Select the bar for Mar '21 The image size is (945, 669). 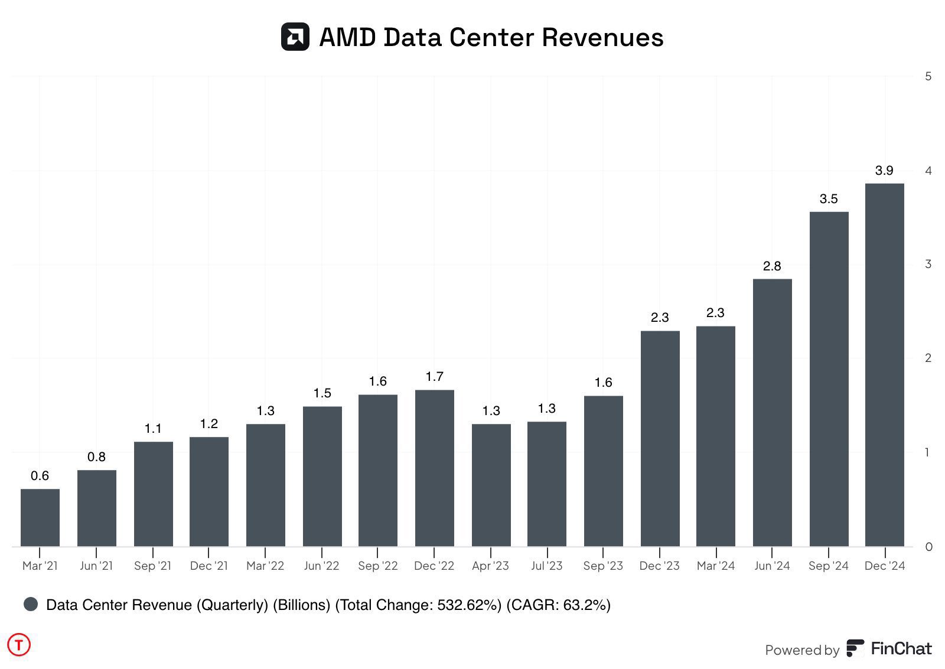click(40, 517)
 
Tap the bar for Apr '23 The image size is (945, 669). click(491, 485)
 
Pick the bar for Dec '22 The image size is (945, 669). click(434, 468)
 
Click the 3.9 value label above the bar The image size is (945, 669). click(884, 171)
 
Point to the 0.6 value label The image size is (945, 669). click(40, 476)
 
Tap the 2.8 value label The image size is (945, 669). click(772, 266)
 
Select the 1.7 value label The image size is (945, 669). click(434, 377)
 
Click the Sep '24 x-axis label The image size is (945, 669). click(828, 566)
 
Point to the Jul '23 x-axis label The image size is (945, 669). click(546, 566)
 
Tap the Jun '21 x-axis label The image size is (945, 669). click(96, 566)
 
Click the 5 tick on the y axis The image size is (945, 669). click(928, 76)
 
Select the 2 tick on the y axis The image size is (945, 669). click(928, 358)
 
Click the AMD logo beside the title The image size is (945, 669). click(295, 37)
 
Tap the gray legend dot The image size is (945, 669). click(31, 604)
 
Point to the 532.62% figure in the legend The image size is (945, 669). click(468, 605)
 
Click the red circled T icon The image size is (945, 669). click(19, 645)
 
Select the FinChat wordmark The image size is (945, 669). click(901, 649)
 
